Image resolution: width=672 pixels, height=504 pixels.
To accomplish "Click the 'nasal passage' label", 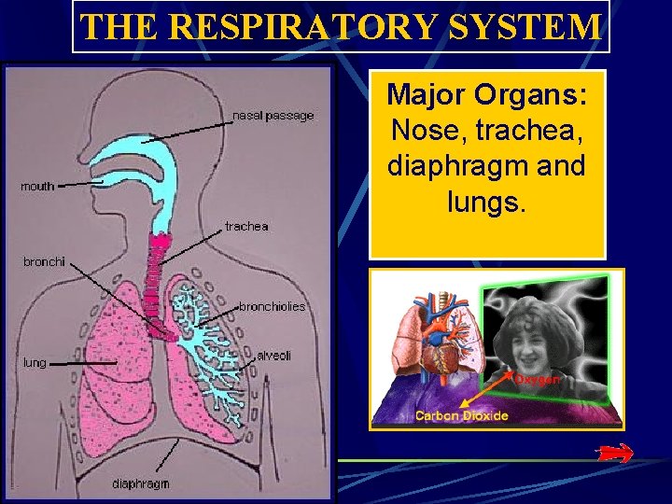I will pyautogui.click(x=273, y=116).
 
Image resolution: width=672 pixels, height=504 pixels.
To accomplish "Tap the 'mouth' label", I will pyautogui.click(x=38, y=186).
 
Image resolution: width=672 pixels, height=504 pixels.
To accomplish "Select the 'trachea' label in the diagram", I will pyautogui.click(x=246, y=226).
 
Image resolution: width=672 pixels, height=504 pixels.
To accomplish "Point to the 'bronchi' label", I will pyautogui.click(x=45, y=261).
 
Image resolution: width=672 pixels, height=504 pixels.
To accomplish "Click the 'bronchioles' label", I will pyautogui.click(x=272, y=306).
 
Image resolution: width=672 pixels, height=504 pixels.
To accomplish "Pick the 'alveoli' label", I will pyautogui.click(x=274, y=356).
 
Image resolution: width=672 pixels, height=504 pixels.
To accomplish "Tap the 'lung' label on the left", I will pyautogui.click(x=35, y=362).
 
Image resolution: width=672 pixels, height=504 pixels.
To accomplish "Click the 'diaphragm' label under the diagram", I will pyautogui.click(x=141, y=483).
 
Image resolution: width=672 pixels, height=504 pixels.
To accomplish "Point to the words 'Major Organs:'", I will pyautogui.click(x=486, y=94).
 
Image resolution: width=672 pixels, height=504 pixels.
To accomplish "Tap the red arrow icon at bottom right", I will pyautogui.click(x=614, y=453).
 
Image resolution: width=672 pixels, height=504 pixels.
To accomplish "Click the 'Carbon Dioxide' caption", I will pyautogui.click(x=462, y=415).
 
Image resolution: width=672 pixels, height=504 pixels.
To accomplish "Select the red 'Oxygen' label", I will pyautogui.click(x=538, y=379).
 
